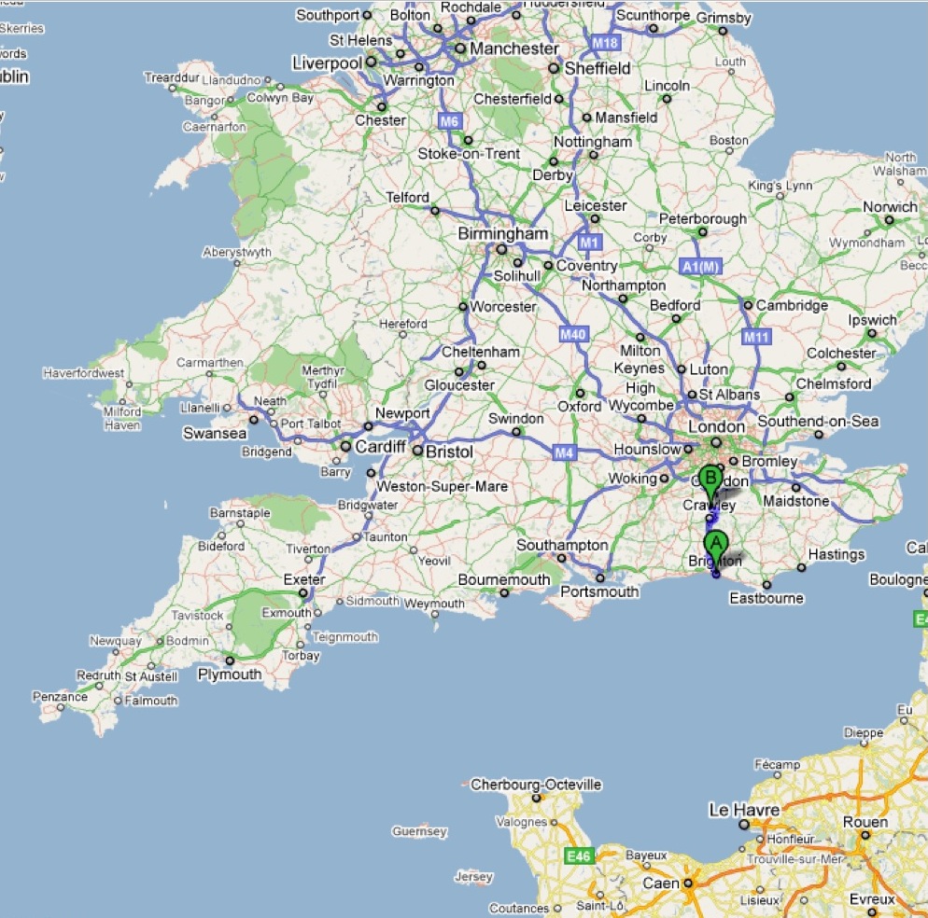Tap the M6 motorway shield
[x=450, y=120]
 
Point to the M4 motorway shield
[x=562, y=453]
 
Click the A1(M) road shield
[x=702, y=267]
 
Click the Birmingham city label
[x=502, y=233]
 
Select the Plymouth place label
[x=230, y=674]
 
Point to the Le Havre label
[x=744, y=810]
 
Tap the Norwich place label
[x=890, y=206]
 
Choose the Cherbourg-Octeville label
[x=536, y=785]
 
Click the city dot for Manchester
[x=460, y=49]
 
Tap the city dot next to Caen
[x=687, y=883]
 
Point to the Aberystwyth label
[x=238, y=252]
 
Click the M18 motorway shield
[x=606, y=43]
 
